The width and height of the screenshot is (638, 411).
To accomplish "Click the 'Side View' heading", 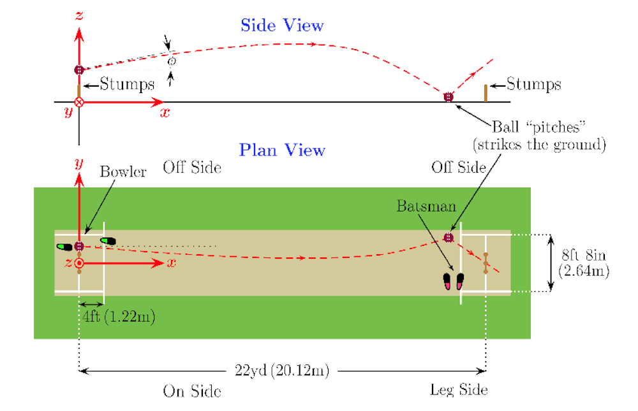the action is (282, 25).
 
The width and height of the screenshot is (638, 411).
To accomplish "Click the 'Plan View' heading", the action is (282, 150).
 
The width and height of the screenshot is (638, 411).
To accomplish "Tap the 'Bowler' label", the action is (123, 171).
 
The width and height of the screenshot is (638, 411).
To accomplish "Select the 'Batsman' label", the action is (426, 206).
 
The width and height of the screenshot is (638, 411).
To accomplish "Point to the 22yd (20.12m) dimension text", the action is (281, 371).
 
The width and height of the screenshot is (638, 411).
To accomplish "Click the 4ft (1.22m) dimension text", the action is (119, 316).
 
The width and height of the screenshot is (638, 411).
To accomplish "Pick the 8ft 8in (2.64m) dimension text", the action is (584, 263).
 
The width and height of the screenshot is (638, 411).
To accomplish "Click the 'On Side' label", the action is (192, 391).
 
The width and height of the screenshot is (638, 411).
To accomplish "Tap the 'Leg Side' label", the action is (459, 389).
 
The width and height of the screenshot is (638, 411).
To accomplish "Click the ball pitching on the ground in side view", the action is (448, 97).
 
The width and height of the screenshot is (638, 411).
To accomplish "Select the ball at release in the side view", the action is (79, 70).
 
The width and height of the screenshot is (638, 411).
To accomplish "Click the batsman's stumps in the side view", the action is (486, 93).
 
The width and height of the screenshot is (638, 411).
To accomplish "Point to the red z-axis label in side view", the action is (79, 15).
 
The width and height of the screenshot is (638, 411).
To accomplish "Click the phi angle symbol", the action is (172, 61).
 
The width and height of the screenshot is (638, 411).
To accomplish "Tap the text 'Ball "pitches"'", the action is (538, 127).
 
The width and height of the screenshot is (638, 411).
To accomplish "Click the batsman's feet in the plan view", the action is (453, 281).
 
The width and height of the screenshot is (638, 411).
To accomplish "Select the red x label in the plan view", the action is (171, 263).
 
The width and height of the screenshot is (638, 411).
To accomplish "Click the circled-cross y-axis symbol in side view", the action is (79, 102).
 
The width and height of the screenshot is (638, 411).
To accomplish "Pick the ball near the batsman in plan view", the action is (449, 238).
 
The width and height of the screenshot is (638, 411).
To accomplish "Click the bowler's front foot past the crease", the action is (108, 241).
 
